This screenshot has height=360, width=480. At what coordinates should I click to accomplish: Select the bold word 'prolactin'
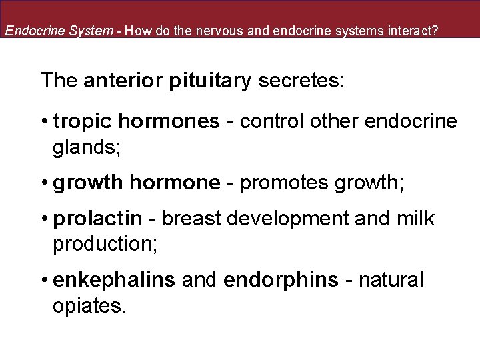pos(97,219)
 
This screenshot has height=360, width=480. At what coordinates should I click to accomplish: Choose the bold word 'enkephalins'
pos(114,281)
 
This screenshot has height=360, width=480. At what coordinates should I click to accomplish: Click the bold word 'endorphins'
pos(281,281)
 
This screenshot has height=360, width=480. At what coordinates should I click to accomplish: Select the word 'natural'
pos(391,281)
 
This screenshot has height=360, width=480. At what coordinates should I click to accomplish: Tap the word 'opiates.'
pos(89,307)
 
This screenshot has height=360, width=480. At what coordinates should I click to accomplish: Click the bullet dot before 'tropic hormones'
pos(44,122)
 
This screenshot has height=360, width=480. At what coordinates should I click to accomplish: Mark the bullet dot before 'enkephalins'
pos(44,281)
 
